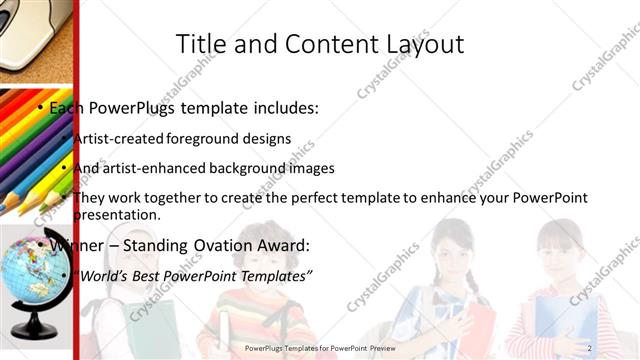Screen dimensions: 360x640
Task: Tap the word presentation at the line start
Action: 117,215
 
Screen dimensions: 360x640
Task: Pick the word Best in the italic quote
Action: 146,275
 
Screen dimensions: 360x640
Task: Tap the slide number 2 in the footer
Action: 589,347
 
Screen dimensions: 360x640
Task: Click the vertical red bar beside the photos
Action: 76,180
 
